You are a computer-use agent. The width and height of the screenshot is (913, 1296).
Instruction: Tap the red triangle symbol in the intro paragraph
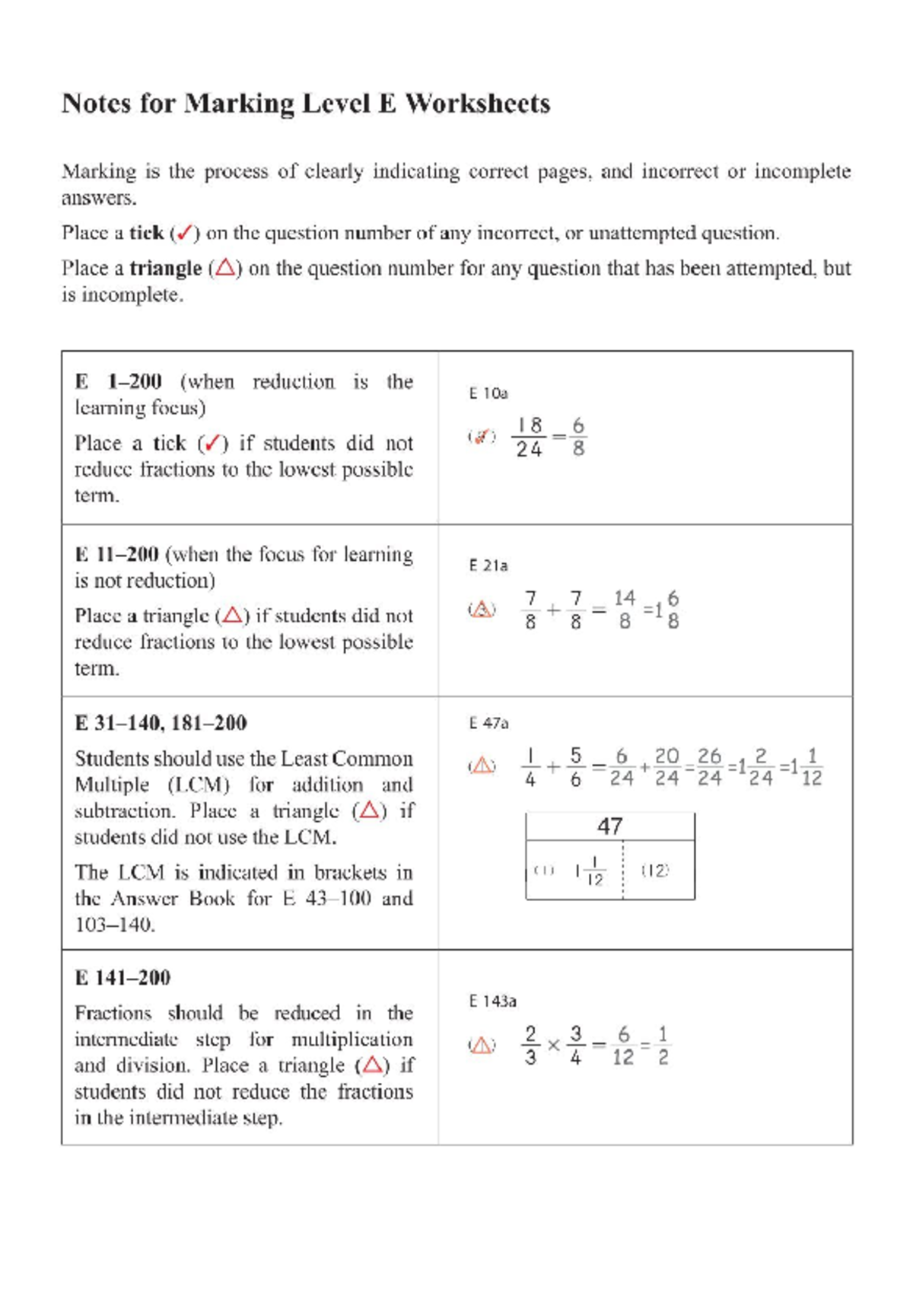pyautogui.click(x=224, y=269)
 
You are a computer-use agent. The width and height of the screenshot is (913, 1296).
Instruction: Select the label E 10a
pyautogui.click(x=488, y=393)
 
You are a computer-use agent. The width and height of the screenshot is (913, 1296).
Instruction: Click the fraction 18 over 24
pyautogui.click(x=530, y=438)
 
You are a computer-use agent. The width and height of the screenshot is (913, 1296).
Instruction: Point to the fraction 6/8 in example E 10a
pyautogui.click(x=578, y=438)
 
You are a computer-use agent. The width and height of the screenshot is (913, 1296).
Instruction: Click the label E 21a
pyautogui.click(x=488, y=565)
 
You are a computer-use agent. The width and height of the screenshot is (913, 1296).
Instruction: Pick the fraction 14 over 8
pyautogui.click(x=625, y=610)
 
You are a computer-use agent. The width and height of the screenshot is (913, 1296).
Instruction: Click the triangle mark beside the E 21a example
pyautogui.click(x=482, y=610)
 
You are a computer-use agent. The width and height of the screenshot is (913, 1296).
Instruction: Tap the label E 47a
pyautogui.click(x=488, y=723)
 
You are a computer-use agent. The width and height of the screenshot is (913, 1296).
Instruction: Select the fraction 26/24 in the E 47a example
pyautogui.click(x=709, y=766)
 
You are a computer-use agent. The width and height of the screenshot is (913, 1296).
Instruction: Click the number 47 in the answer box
pyautogui.click(x=609, y=826)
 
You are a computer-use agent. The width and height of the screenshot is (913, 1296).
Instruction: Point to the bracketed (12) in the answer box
pyautogui.click(x=655, y=871)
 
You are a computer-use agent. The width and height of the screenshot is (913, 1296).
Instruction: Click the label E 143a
pyautogui.click(x=492, y=1001)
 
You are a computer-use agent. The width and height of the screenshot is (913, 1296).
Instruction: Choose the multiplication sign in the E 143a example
pyautogui.click(x=553, y=1046)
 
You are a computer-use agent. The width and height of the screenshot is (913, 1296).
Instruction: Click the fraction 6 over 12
pyautogui.click(x=623, y=1046)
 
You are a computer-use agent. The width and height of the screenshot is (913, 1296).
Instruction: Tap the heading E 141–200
pyautogui.click(x=122, y=978)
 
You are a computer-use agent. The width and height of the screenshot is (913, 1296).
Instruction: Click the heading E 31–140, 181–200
pyautogui.click(x=161, y=723)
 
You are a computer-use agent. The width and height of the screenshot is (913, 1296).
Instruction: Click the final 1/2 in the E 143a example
pyautogui.click(x=663, y=1046)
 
